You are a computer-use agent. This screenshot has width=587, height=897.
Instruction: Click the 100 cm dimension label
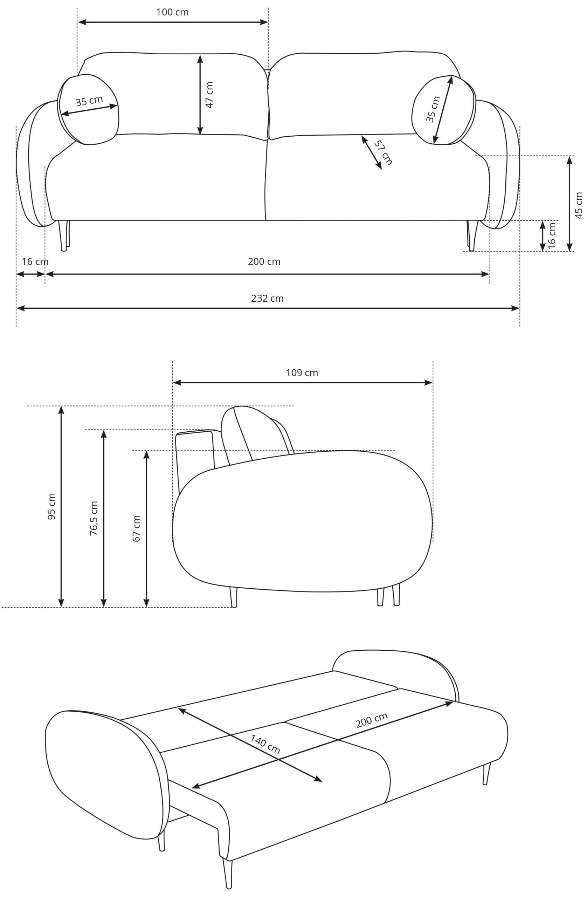click(x=172, y=12)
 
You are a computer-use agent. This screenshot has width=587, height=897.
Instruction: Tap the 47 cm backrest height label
click(x=209, y=95)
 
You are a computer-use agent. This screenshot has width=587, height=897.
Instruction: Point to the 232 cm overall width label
click(x=267, y=298)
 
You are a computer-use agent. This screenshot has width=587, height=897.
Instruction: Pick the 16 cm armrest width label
click(x=35, y=261)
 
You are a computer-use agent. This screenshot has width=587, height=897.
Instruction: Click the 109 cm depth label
click(x=302, y=373)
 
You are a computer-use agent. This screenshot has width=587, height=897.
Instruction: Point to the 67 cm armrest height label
click(x=136, y=528)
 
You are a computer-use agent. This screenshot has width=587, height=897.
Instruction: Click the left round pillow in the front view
click(x=88, y=109)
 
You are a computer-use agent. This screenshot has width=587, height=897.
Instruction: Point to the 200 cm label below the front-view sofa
click(x=264, y=261)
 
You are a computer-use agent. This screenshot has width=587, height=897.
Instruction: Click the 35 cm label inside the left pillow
click(x=89, y=101)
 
